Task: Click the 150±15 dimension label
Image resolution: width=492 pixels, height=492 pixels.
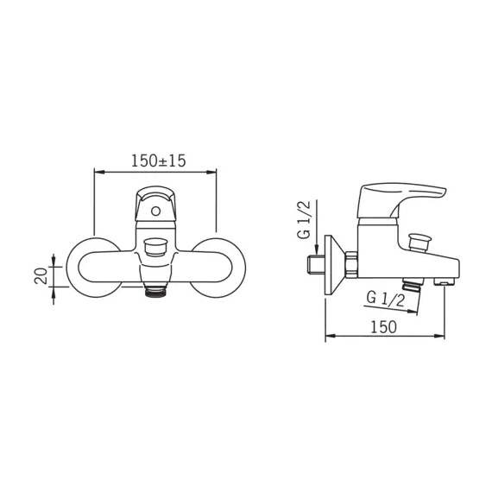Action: pos(159,161)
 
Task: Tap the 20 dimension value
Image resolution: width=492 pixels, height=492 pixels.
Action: pos(41,276)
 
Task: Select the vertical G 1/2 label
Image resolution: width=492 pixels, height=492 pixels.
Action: pos(304,219)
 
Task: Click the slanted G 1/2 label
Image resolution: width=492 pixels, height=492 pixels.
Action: pos(386,299)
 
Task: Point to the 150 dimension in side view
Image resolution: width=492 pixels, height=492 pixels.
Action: pos(384,327)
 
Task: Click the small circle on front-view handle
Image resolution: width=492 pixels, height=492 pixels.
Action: pos(155,211)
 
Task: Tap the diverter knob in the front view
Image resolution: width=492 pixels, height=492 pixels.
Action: pos(155,247)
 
